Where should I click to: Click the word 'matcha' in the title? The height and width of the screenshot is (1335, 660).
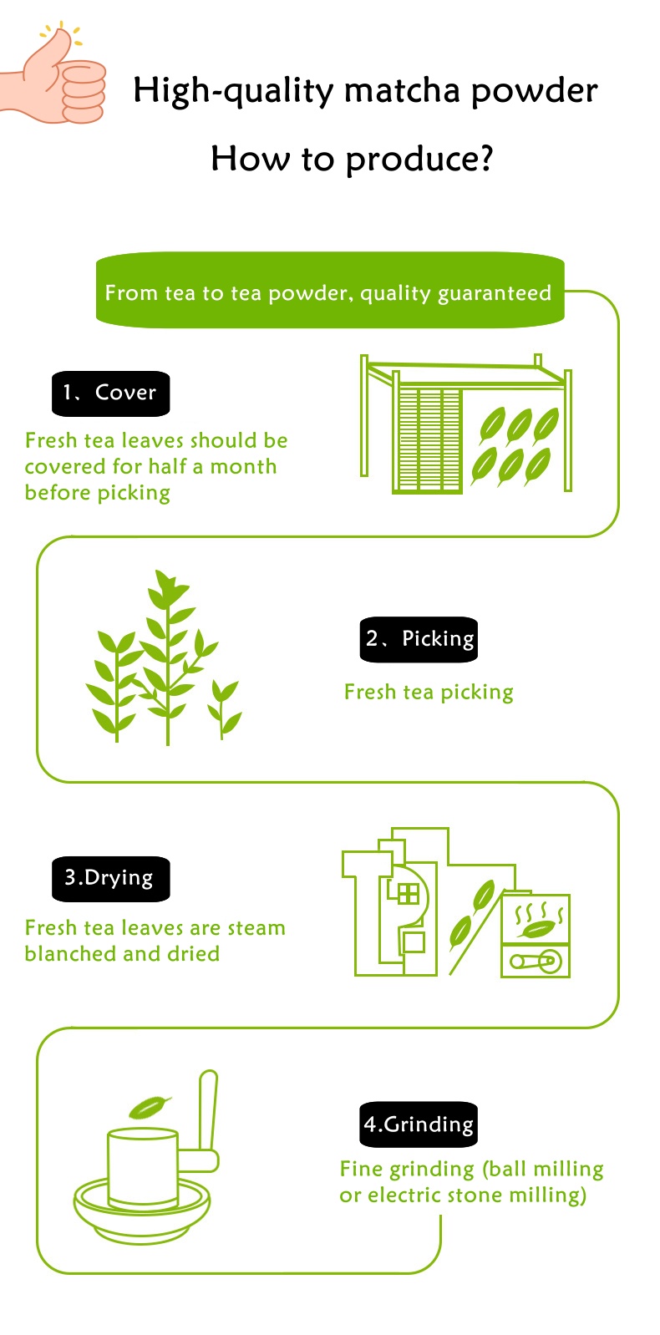point(403,90)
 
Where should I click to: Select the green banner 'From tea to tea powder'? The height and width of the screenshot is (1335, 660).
point(330,290)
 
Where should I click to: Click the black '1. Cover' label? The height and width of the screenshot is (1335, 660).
point(111,393)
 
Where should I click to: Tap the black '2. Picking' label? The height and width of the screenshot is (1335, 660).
point(419,639)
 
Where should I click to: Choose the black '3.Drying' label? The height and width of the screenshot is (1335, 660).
point(111,879)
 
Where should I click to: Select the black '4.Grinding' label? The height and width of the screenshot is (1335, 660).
point(419,1124)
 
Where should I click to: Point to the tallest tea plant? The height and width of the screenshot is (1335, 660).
point(168,656)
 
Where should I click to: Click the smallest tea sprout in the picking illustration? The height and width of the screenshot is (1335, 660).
point(223,709)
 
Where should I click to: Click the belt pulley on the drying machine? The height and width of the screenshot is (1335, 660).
point(536,962)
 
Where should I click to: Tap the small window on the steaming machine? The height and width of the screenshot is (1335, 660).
point(409,894)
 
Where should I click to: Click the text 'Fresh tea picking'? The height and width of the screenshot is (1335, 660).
point(429,693)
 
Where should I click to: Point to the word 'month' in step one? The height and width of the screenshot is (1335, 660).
point(243,467)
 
